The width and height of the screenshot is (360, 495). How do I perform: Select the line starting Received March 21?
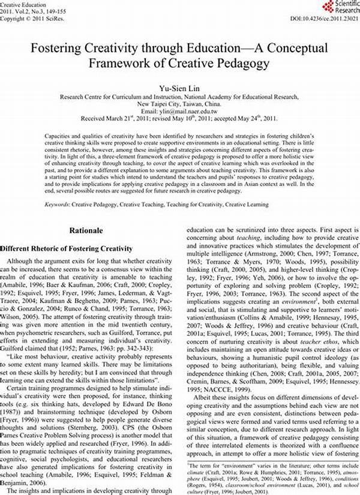180,118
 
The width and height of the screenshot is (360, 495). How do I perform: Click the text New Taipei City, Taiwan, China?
180,103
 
